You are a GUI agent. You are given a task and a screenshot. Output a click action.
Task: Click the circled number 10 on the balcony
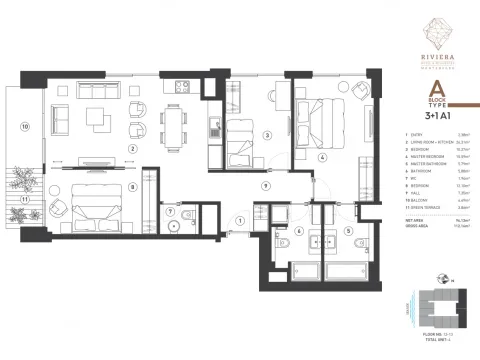point(25,127)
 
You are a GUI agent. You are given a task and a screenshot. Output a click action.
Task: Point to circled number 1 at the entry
point(241,221)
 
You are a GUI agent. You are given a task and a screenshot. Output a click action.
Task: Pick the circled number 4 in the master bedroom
point(322,157)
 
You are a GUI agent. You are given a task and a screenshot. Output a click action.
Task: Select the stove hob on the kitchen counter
point(183,87)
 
